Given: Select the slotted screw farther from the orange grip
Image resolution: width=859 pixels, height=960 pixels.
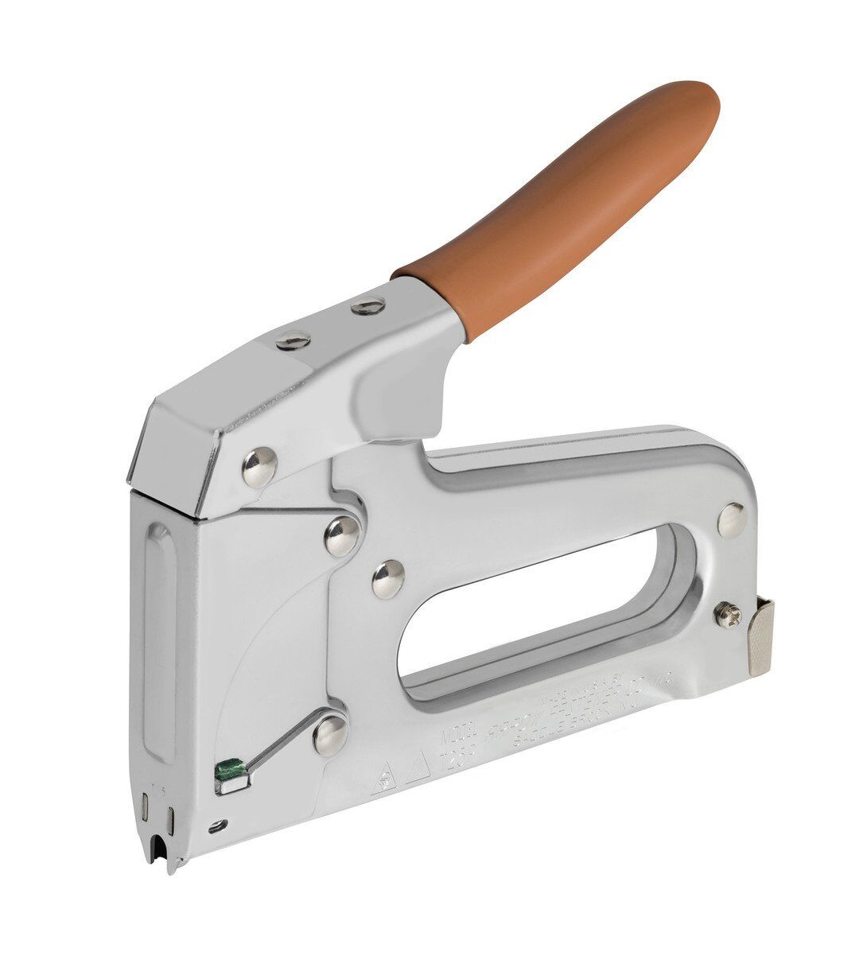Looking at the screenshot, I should click(292, 342).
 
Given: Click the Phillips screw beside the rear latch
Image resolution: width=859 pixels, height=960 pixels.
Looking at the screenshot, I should click(725, 614).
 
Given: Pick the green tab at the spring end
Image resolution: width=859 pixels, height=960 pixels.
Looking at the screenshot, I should click(230, 769).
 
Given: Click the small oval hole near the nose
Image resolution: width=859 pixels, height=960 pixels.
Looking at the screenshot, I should click(213, 828).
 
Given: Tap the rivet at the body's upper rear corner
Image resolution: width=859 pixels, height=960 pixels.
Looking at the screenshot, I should click(731, 519).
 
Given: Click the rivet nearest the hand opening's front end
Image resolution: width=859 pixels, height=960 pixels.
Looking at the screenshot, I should click(388, 579).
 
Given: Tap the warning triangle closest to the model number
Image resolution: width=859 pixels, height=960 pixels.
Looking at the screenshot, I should click(418, 765).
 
